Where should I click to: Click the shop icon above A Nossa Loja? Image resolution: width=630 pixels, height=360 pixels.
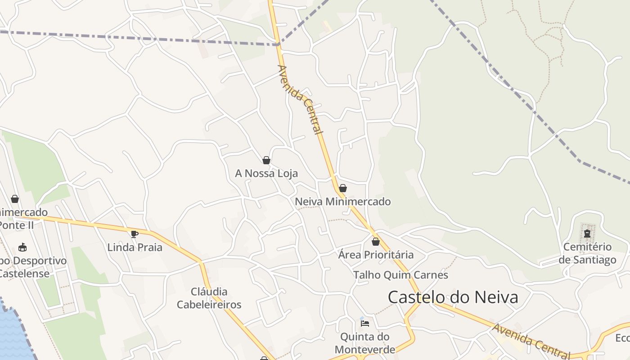pyautogui.click(x=266, y=160)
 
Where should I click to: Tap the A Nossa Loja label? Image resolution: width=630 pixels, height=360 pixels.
pyautogui.click(x=266, y=173)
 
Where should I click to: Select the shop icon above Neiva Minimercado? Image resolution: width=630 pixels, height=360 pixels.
pyautogui.click(x=343, y=188)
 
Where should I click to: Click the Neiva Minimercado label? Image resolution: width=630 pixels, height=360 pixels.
pyautogui.click(x=343, y=202)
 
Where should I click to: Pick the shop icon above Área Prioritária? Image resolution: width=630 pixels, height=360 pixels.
pyautogui.click(x=376, y=242)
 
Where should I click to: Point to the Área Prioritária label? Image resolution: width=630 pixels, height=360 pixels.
pyautogui.click(x=376, y=255)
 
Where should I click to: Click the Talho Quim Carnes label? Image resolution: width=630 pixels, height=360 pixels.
pyautogui.click(x=400, y=275)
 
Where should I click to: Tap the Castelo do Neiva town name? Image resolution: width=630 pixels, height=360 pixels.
pyautogui.click(x=453, y=297)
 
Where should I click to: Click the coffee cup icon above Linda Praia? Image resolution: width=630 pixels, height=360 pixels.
pyautogui.click(x=134, y=234)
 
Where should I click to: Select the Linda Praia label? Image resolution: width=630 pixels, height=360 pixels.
pyautogui.click(x=135, y=247)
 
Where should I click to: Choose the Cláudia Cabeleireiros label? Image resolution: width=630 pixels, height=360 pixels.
pyautogui.click(x=209, y=298)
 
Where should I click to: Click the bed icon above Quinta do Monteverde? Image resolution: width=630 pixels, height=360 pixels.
pyautogui.click(x=365, y=323)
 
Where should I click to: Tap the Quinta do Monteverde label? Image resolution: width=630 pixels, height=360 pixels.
pyautogui.click(x=365, y=343)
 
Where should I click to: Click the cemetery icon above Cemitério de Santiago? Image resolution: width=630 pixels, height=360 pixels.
pyautogui.click(x=587, y=234)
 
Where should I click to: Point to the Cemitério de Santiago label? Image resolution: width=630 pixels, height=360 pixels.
pyautogui.click(x=587, y=253)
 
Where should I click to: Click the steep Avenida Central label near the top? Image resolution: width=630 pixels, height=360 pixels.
pyautogui.click(x=300, y=99)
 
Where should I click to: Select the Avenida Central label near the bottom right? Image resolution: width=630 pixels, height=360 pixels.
pyautogui.click(x=531, y=341)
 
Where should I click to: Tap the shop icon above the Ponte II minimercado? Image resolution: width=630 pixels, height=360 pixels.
pyautogui.click(x=15, y=199)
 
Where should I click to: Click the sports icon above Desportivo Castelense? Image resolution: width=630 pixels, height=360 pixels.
pyautogui.click(x=22, y=247)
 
